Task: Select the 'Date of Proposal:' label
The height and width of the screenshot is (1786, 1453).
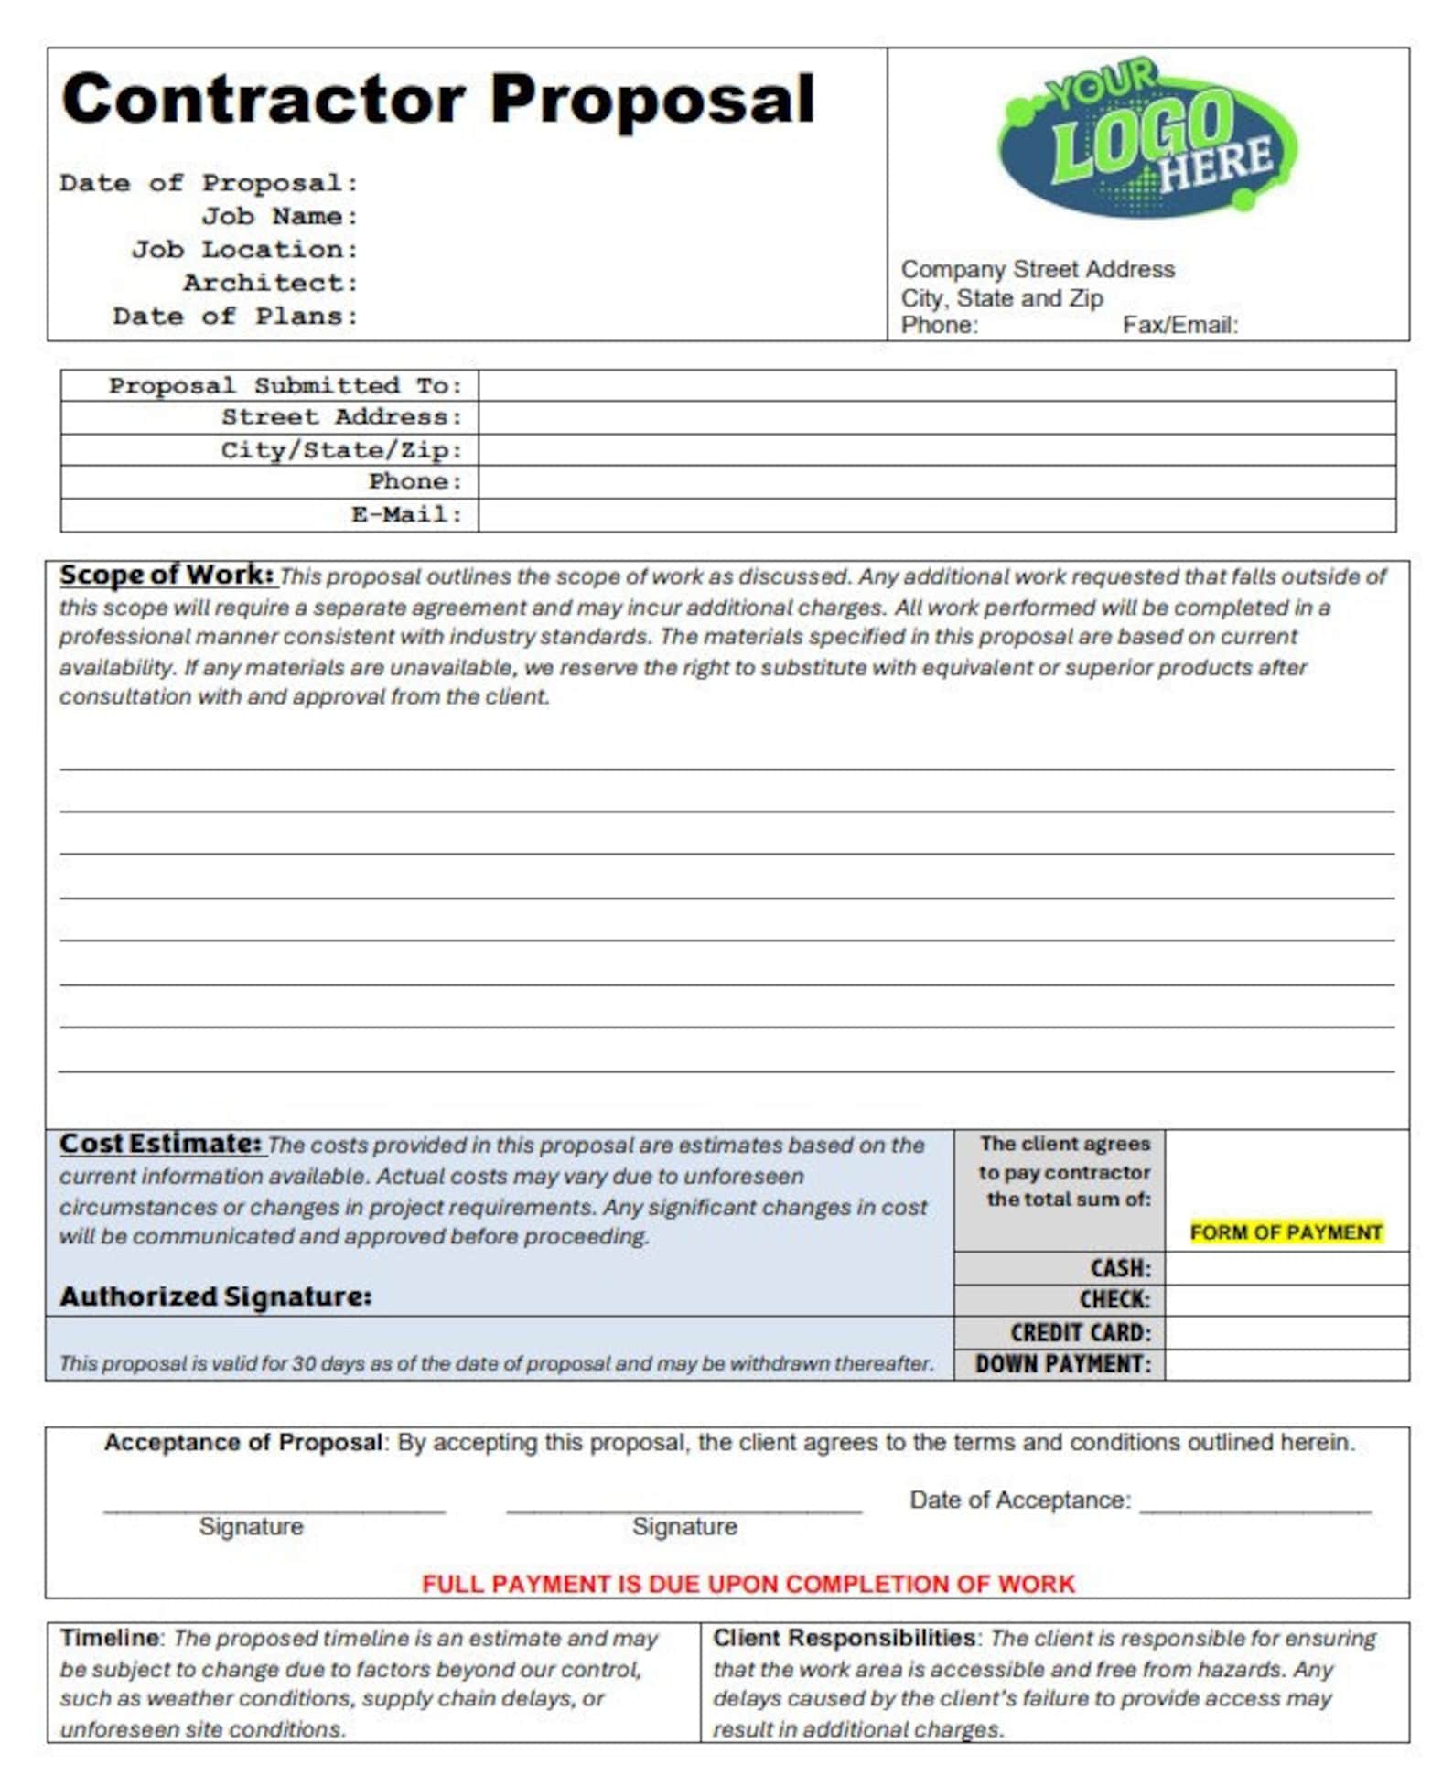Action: tap(209, 183)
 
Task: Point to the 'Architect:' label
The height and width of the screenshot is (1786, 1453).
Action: tap(270, 283)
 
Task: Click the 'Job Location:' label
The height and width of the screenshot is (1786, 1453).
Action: tap(244, 250)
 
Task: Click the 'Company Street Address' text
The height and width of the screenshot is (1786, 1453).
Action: tap(1037, 269)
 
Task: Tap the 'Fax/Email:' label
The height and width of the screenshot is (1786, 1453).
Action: tap(1179, 325)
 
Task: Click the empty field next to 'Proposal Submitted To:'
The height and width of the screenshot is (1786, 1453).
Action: tap(936, 385)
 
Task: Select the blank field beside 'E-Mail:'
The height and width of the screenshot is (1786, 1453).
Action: tap(936, 515)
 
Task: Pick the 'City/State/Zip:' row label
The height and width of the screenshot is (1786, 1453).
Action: tap(341, 450)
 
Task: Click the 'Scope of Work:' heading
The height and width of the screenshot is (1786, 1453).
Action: tap(167, 575)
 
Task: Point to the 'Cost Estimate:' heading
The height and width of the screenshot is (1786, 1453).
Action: tap(161, 1144)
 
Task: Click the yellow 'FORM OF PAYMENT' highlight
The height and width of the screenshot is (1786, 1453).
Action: tap(1285, 1232)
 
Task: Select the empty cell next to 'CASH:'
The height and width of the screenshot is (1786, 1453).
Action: tap(1286, 1268)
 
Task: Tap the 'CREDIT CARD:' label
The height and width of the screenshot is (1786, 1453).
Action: tap(1080, 1332)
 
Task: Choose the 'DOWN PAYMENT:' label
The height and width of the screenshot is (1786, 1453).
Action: tap(1062, 1364)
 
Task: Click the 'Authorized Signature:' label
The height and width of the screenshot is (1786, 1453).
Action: tap(216, 1296)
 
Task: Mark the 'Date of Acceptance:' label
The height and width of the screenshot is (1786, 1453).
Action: tap(1019, 1500)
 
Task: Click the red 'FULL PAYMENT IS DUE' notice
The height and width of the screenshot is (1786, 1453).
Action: tap(748, 1584)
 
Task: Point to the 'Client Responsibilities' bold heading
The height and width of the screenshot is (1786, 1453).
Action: tap(843, 1638)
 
